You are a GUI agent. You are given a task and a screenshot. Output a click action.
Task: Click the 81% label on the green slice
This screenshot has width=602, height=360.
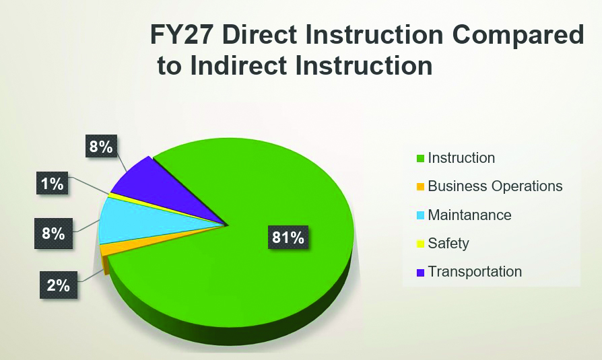(x=288, y=237)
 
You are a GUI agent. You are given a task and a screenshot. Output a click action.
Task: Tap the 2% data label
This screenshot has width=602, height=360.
(x=59, y=285)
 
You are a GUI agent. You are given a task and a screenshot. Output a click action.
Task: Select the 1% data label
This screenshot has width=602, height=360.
(x=53, y=184)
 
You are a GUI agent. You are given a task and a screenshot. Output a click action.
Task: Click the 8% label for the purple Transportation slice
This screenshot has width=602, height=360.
(x=101, y=146)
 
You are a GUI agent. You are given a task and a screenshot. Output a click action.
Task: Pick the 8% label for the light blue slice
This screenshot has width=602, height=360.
(x=53, y=233)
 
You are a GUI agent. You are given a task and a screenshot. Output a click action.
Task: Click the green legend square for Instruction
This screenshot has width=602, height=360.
(x=420, y=158)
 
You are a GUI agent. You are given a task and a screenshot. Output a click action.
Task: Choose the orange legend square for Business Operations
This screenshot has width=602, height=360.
(x=420, y=186)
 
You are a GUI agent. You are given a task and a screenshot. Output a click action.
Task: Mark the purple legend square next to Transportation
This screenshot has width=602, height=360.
(x=420, y=272)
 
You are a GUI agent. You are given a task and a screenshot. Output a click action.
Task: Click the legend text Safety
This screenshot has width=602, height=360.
(x=448, y=244)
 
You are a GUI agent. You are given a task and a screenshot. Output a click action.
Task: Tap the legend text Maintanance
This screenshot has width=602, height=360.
(x=469, y=215)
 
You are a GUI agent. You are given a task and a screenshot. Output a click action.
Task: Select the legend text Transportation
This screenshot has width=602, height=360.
(x=475, y=272)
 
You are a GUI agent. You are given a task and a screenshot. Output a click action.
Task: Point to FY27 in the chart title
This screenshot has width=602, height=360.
(x=182, y=34)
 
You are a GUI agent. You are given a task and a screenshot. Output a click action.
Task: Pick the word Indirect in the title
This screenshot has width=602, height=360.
(x=238, y=65)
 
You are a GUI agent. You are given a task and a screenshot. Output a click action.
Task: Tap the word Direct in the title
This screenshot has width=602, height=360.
(x=259, y=34)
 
